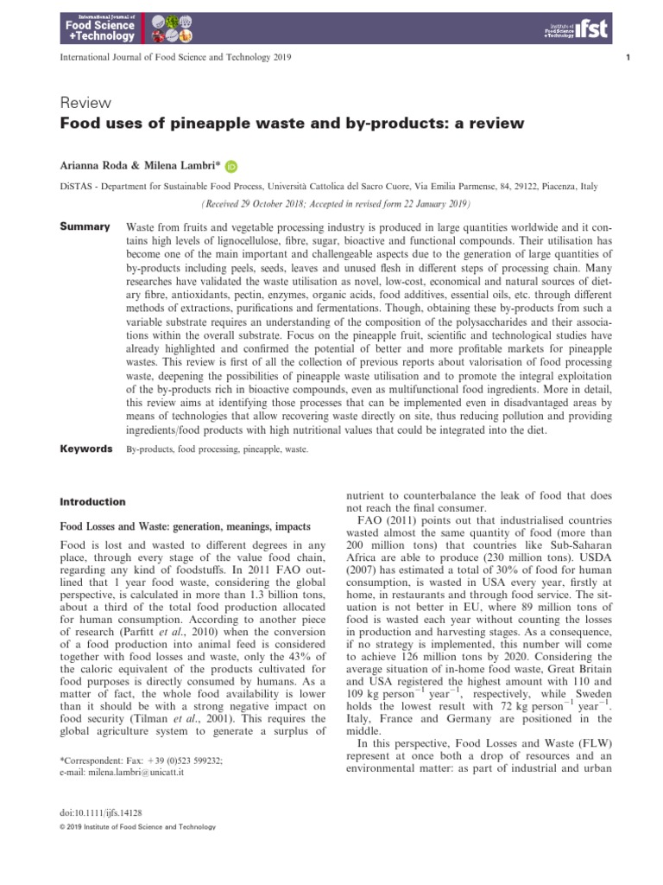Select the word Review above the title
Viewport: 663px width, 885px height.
79,104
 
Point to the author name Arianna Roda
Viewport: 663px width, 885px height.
94,166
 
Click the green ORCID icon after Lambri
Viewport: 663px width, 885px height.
231,167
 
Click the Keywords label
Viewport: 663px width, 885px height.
85,449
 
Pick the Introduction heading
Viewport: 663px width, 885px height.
92,501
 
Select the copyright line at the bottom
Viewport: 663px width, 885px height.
136,827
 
